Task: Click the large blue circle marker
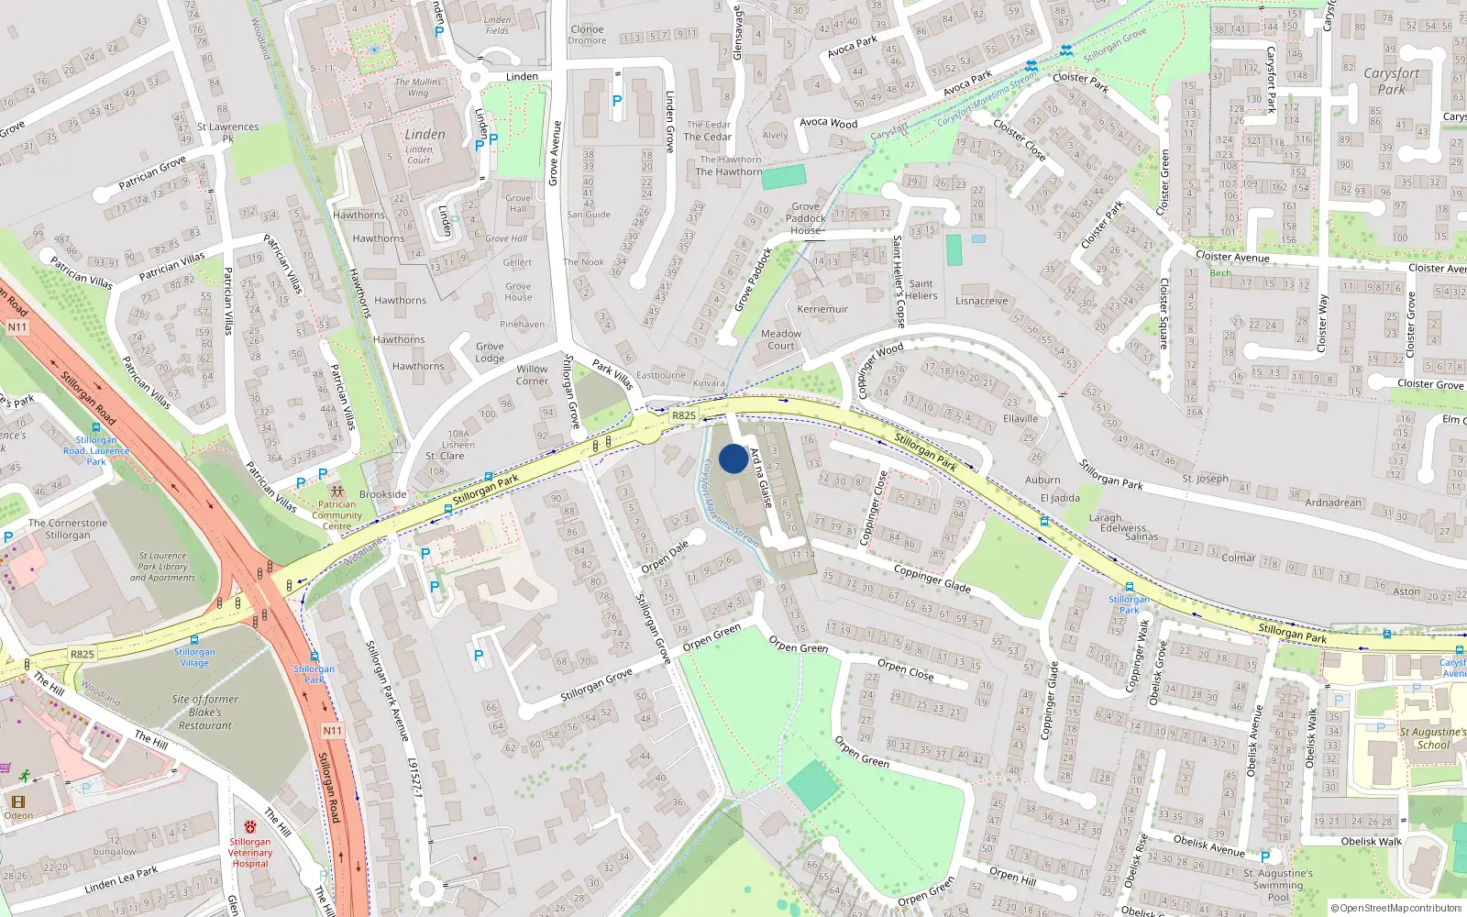click(x=733, y=458)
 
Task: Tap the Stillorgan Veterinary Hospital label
click(x=250, y=852)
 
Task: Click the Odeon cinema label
click(x=18, y=815)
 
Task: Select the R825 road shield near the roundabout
click(x=684, y=415)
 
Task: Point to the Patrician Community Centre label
click(x=336, y=514)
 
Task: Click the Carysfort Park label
click(x=1391, y=81)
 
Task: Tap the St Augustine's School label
click(x=1433, y=738)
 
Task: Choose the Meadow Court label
click(x=780, y=339)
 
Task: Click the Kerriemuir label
click(x=822, y=309)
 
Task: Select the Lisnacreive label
click(x=981, y=301)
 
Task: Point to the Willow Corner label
click(x=532, y=375)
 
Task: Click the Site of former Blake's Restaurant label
click(x=205, y=712)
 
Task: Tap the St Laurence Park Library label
click(x=162, y=567)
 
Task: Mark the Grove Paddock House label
click(x=806, y=218)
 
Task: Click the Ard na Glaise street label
click(x=761, y=477)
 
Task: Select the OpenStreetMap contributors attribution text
click(x=1396, y=908)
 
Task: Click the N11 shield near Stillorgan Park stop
click(x=332, y=731)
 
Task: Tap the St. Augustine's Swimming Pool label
click(x=1278, y=885)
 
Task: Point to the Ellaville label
click(x=1020, y=418)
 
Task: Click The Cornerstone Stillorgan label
click(x=68, y=528)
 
